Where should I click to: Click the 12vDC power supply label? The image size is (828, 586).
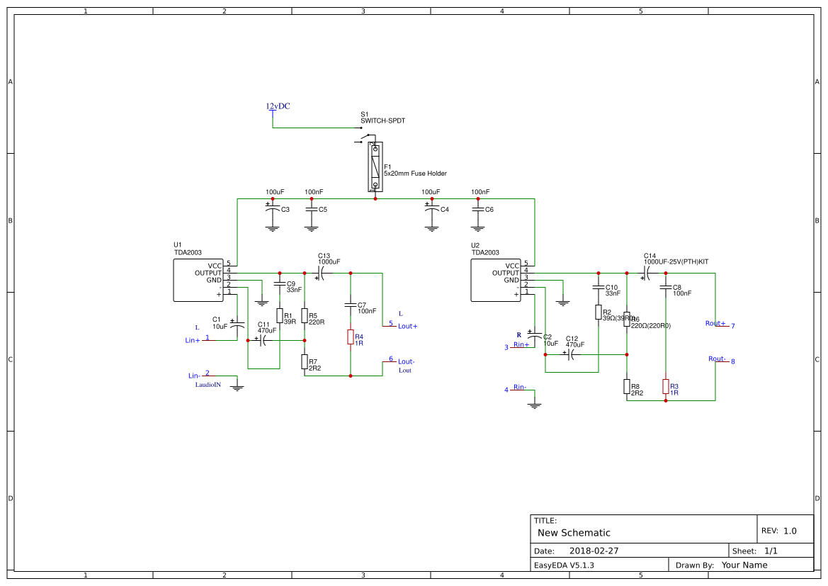coord(278,106)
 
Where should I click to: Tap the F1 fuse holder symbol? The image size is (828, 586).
coord(375,167)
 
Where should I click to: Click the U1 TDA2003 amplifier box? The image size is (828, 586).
coord(198,280)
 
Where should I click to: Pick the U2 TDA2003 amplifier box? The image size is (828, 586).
coord(496,280)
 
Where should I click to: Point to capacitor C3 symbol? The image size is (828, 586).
coord(272,210)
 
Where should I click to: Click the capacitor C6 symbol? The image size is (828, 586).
coord(478,210)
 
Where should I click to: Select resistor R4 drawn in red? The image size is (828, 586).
coord(351,337)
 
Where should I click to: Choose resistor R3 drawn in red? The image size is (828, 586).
coord(666,386)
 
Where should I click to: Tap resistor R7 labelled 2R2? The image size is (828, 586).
coord(305,362)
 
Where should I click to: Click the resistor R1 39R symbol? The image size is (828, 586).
coord(280,316)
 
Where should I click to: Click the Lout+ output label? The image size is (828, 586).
coord(407,326)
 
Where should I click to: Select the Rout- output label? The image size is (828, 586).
coord(717,359)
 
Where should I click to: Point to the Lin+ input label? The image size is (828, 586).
coord(193,340)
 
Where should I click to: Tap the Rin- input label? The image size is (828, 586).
coord(520,387)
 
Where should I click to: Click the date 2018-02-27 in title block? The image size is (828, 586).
coord(594,551)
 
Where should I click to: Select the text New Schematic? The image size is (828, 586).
coord(574,533)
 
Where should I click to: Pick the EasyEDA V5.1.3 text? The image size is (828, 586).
coord(564,565)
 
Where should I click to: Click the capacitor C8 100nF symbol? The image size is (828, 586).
coord(666,287)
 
